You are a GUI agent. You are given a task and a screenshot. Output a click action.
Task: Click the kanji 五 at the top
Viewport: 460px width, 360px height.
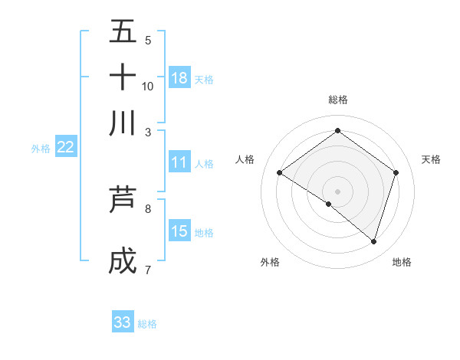tap(123, 31)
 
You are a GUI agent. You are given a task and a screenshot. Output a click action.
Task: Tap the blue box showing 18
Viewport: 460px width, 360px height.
tap(179, 78)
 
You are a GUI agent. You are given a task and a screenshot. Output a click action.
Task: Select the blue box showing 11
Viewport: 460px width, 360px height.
tap(179, 162)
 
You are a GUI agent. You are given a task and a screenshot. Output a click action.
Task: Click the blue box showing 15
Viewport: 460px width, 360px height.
tap(179, 231)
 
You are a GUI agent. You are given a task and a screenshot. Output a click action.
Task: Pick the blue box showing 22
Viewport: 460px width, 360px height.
tap(65, 148)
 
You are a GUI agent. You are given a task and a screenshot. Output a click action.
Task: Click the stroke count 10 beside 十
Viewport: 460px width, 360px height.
tap(148, 86)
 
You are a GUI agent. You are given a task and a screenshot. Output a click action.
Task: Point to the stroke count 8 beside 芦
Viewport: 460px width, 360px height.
tap(148, 208)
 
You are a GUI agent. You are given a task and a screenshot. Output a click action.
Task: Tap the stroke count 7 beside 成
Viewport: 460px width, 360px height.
tap(148, 269)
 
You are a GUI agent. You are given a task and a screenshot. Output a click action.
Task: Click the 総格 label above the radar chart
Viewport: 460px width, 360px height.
tap(337, 100)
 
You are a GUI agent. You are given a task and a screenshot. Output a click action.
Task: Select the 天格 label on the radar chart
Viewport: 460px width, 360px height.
tap(431, 159)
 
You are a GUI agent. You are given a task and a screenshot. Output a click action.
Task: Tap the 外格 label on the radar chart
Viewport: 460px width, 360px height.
tap(270, 262)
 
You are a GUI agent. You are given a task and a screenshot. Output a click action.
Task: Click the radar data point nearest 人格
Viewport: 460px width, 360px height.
tap(280, 173)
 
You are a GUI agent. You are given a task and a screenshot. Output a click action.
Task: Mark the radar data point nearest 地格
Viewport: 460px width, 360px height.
tap(373, 241)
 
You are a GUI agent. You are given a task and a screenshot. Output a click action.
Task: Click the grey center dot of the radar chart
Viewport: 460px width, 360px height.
tap(337, 191)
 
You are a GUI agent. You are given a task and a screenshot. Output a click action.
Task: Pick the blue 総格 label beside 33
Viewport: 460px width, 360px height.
tap(147, 324)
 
